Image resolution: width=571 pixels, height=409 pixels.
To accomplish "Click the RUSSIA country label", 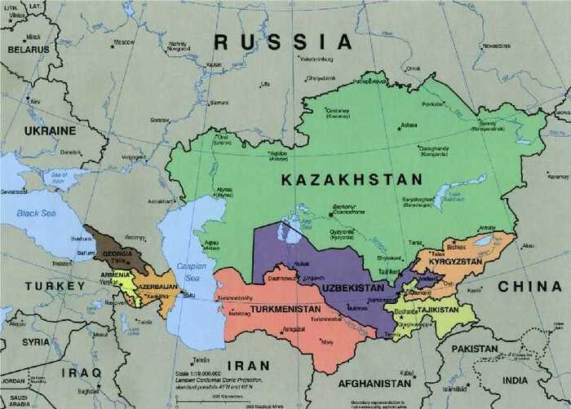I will [x=282, y=42].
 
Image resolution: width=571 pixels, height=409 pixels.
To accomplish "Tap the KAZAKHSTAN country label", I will [x=352, y=179].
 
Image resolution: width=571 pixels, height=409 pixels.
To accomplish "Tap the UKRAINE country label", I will [x=49, y=130].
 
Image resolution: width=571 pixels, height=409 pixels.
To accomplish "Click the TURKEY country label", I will [x=55, y=286].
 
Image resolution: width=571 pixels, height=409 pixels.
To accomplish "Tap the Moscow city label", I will [x=124, y=42].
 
